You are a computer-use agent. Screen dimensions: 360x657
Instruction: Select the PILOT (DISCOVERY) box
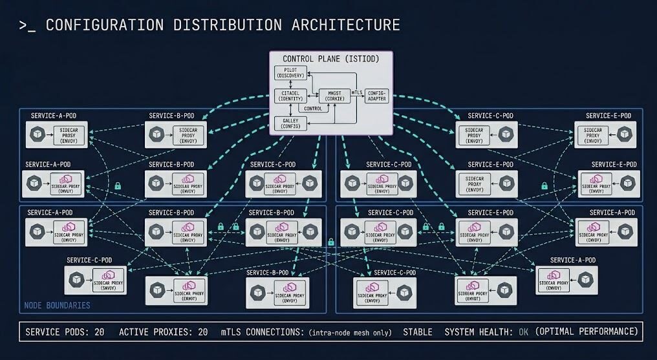pyautogui.click(x=290, y=73)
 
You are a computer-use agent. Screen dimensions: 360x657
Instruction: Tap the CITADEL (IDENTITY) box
pyautogui.click(x=290, y=96)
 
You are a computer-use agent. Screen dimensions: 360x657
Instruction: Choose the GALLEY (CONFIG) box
pyautogui.click(x=290, y=123)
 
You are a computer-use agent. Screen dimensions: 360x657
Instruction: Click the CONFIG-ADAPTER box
pyautogui.click(x=376, y=96)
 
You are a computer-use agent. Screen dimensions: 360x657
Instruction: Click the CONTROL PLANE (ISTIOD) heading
pyautogui.click(x=331, y=59)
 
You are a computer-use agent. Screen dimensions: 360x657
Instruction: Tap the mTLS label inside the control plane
pyautogui.click(x=356, y=93)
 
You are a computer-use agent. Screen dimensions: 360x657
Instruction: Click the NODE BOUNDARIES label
pyautogui.click(x=58, y=304)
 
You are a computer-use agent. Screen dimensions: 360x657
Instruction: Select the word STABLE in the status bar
pyautogui.click(x=418, y=332)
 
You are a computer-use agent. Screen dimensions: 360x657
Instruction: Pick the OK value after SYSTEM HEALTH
pyautogui.click(x=523, y=332)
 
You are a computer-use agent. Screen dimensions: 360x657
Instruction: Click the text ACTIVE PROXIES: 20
pyautogui.click(x=163, y=332)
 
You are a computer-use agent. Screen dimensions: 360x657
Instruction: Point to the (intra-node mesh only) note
pyautogui.click(x=350, y=333)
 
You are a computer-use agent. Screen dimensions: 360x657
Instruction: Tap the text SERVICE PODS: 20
pyautogui.click(x=65, y=332)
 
